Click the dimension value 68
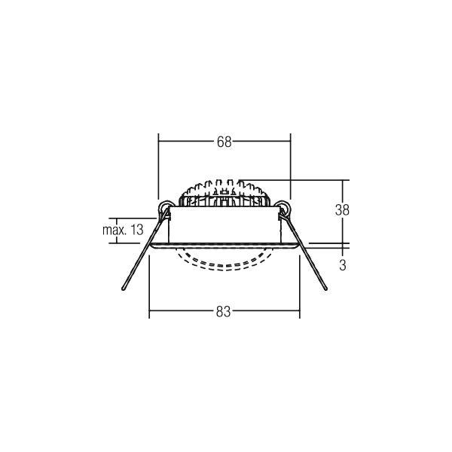pyautogui.click(x=224, y=142)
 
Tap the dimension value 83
pyautogui.click(x=224, y=312)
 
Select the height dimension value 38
pyautogui.click(x=342, y=210)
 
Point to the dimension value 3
pyautogui.click(x=343, y=265)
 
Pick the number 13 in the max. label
pyautogui.click(x=136, y=230)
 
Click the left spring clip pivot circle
pyautogui.click(x=165, y=206)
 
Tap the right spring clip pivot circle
pyautogui.click(x=284, y=206)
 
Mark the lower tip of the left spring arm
pyautogui.click(x=123, y=289)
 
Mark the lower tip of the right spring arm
pyautogui.click(x=326, y=289)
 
